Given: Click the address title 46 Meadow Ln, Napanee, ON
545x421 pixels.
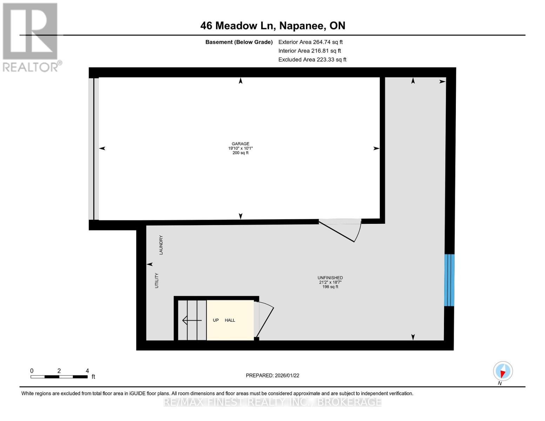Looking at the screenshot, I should pyautogui.click(x=273, y=26).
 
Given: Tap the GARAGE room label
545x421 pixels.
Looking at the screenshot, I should pyautogui.click(x=240, y=144).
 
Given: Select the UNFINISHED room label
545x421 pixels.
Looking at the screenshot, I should pyautogui.click(x=330, y=278).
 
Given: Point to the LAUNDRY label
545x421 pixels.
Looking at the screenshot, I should pyautogui.click(x=161, y=245).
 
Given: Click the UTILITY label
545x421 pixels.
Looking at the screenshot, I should pyautogui.click(x=157, y=281).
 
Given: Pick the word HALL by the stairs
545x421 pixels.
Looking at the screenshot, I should pyautogui.click(x=230, y=320).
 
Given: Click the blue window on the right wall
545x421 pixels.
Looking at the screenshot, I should pyautogui.click(x=449, y=280).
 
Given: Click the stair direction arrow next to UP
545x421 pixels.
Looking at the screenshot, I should pyautogui.click(x=192, y=320).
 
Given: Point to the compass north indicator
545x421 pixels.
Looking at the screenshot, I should pyautogui.click(x=503, y=371).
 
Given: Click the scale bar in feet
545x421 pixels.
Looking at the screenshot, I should pyautogui.click(x=59, y=376).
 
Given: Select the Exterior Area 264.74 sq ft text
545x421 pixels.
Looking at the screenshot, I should pyautogui.click(x=310, y=42).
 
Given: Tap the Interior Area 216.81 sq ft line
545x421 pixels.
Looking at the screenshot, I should pyautogui.click(x=310, y=51).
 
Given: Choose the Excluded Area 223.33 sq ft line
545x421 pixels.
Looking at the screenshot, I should pyautogui.click(x=312, y=60).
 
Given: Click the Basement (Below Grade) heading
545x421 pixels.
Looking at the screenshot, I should pyautogui.click(x=239, y=42).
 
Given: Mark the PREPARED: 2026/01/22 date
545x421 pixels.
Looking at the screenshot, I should pyautogui.click(x=272, y=375).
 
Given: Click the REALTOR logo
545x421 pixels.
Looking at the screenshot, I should pyautogui.click(x=31, y=37).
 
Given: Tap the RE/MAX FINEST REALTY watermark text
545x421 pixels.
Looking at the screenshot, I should pyautogui.click(x=272, y=402).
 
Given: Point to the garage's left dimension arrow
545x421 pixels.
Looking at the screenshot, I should pyautogui.click(x=102, y=148).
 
